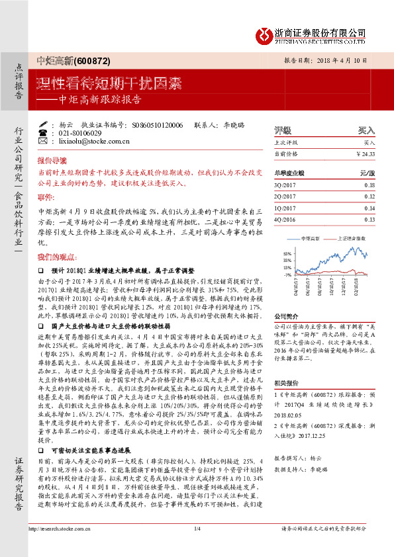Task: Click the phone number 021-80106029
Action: click(83, 133)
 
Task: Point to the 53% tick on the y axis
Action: click(287, 253)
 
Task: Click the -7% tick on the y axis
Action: click(287, 274)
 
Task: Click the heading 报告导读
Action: click(51, 160)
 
